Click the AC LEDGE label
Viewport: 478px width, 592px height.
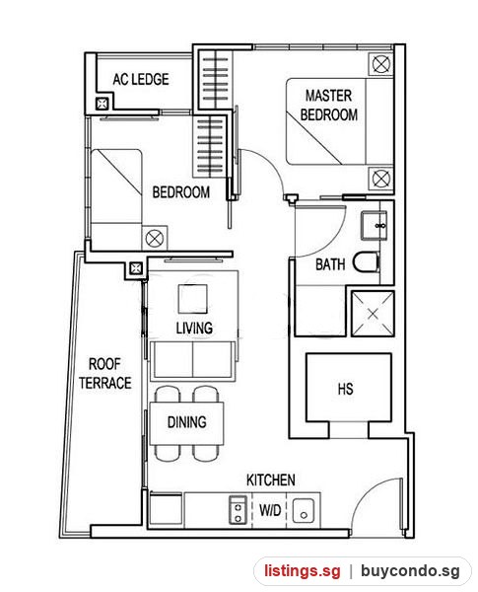(141, 79)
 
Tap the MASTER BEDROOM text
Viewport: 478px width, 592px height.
(328, 105)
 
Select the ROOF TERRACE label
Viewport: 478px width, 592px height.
(105, 373)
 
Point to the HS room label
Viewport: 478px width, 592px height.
(346, 389)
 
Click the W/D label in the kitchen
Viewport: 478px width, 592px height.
(270, 510)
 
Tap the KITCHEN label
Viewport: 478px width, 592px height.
(270, 480)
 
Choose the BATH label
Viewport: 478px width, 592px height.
(330, 264)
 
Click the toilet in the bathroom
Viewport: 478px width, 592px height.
(366, 261)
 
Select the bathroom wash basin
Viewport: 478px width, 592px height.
(374, 226)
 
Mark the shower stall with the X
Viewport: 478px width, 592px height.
(373, 314)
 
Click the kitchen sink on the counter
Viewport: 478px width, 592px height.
(303, 510)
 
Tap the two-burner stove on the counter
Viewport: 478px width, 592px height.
(239, 510)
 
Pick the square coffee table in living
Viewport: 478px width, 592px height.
(193, 299)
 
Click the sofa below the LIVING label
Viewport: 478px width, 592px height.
(193, 360)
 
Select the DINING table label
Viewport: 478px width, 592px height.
(186, 421)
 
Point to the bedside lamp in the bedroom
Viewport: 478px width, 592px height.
(155, 238)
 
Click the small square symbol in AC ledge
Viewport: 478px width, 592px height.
(102, 104)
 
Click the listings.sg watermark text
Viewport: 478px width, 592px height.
(302, 570)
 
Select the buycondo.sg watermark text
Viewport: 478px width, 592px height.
(410, 571)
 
